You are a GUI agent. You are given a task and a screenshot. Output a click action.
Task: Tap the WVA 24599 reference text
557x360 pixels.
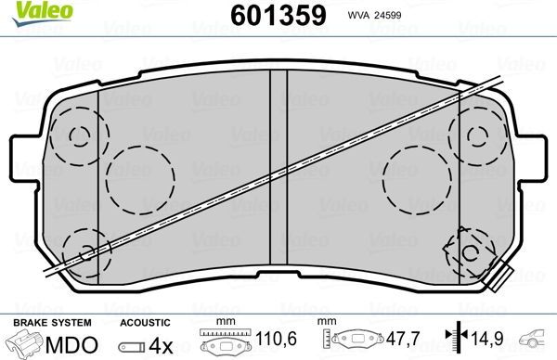point(369,16)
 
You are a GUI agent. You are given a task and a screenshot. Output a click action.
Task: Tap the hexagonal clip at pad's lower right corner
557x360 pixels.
point(470,253)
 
